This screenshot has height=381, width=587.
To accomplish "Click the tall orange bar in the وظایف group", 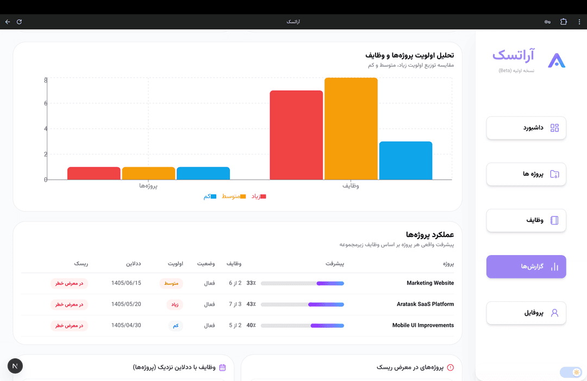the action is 351,129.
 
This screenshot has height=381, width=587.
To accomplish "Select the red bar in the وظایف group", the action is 296,135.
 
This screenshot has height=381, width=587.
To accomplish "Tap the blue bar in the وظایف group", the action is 405,161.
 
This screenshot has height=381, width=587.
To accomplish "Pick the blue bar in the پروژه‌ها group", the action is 203,173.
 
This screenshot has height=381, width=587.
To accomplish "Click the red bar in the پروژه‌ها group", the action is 93,173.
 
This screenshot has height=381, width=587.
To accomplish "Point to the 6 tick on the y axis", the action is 46,103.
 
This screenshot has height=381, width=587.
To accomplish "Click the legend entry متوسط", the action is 234,196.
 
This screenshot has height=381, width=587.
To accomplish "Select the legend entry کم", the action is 210,196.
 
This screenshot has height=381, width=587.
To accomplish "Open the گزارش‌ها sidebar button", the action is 526,266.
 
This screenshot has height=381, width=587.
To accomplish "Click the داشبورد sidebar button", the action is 526,128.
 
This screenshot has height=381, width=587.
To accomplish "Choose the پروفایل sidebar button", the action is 526,313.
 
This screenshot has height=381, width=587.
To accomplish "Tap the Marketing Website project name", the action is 430,283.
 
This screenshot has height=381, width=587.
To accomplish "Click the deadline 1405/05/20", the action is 126,304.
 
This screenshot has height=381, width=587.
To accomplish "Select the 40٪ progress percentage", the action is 251,325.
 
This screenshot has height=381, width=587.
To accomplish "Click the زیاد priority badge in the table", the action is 175,304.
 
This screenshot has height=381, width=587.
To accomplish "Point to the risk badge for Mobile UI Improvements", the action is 69,326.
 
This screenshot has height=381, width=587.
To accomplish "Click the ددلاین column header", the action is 133,264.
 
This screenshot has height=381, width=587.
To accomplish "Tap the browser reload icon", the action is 19,22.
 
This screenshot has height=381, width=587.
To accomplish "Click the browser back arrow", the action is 8,22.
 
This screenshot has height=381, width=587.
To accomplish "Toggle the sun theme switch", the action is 571,372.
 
